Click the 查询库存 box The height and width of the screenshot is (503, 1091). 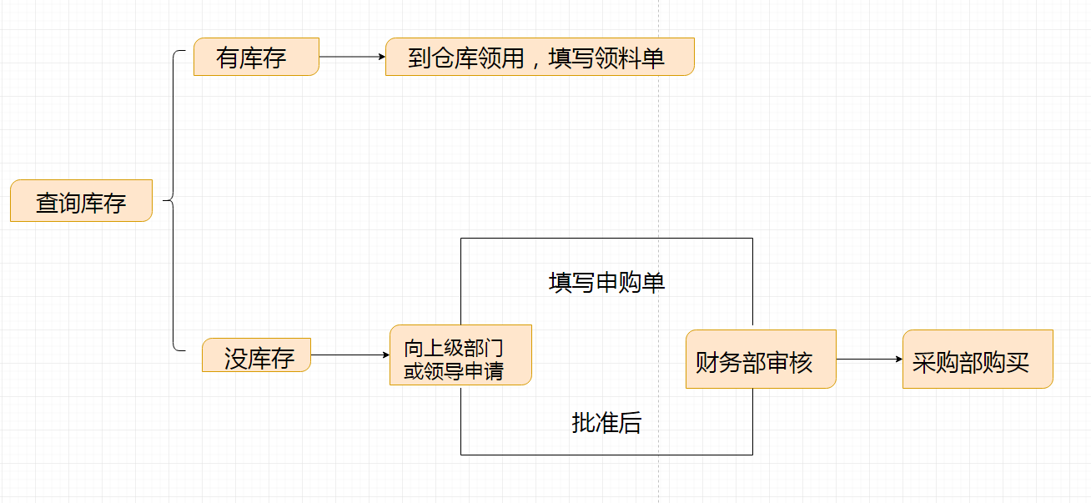tap(81, 201)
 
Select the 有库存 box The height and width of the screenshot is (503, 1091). tap(256, 57)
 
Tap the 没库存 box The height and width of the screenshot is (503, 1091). tap(256, 355)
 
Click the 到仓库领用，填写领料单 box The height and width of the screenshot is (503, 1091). tap(539, 57)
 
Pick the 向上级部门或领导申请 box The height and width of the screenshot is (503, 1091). tap(460, 355)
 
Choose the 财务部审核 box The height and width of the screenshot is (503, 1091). tap(760, 360)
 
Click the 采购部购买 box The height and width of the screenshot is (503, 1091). tap(977, 360)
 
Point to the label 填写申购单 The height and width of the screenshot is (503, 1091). tap(606, 283)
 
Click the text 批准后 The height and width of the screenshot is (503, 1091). tap(606, 423)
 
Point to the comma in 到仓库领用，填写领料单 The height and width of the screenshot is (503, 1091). tap(534, 63)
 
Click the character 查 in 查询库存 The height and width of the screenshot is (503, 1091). tap(47, 203)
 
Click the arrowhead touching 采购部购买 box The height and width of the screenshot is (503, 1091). tap(898, 360)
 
